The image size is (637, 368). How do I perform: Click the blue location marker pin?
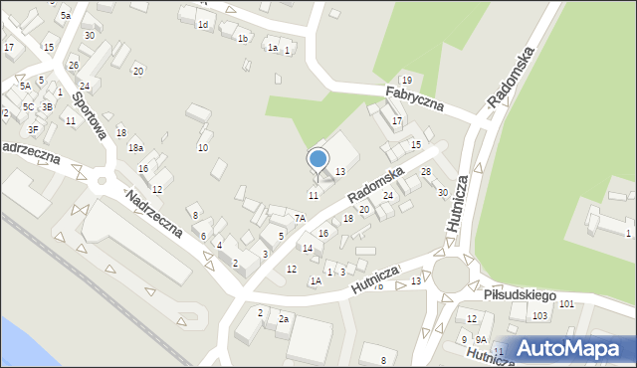(318, 160)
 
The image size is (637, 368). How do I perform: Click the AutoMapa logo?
(574, 348)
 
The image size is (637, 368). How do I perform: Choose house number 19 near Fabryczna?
(405, 80)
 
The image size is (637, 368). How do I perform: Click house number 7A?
(299, 217)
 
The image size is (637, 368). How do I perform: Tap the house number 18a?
(135, 148)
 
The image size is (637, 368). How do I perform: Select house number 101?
(566, 303)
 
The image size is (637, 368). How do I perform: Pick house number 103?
(539, 316)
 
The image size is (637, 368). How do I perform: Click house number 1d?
(202, 24)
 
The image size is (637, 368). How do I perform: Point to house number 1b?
(242, 39)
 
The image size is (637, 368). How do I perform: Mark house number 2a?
(283, 318)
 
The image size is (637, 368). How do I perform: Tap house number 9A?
(480, 339)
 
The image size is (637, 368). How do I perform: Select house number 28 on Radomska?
(426, 173)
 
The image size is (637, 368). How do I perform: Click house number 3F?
(33, 128)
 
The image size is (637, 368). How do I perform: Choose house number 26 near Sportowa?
(73, 66)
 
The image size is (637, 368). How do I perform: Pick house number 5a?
(66, 16)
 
